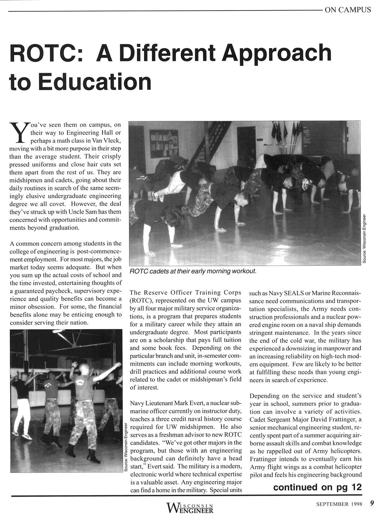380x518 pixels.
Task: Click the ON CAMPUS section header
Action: point(348,10)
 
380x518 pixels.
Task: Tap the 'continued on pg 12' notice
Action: point(317,487)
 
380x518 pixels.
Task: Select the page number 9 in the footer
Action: point(371,504)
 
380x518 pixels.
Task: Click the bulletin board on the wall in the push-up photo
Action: point(164,143)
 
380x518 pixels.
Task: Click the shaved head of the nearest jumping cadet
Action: point(84,367)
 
